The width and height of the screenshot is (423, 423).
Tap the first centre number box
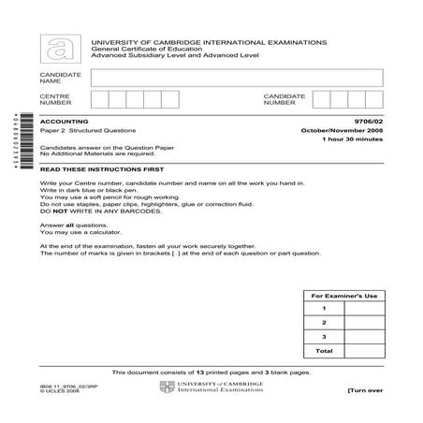99,100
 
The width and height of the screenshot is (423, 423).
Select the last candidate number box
374,100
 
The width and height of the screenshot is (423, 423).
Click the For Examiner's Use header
347,296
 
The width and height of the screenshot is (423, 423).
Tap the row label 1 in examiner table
324,308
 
